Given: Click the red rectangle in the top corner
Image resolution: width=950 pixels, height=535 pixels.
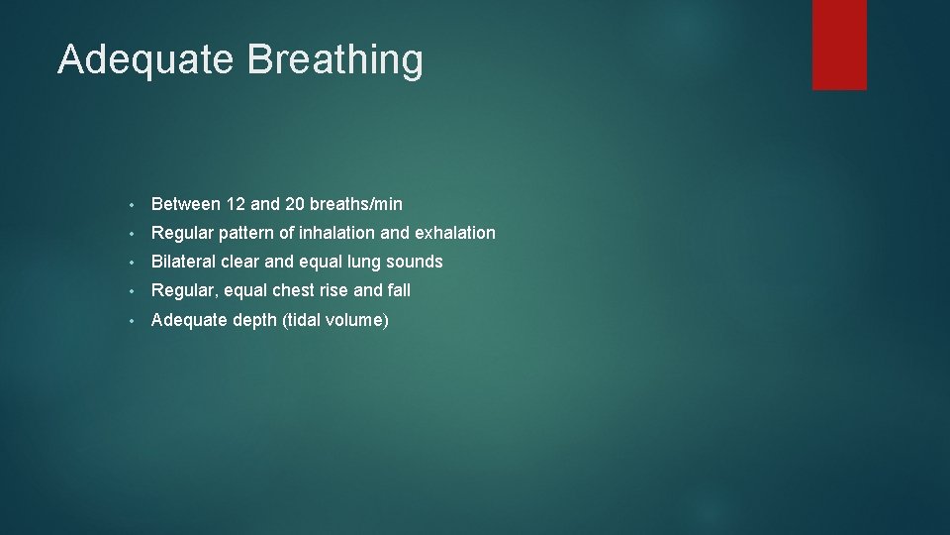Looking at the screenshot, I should (x=839, y=45).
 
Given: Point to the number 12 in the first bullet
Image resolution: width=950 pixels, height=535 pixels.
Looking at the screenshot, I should (x=236, y=204).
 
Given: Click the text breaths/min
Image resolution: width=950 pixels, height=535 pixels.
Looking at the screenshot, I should (x=356, y=204).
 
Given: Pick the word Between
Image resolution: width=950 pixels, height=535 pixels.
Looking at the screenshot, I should (x=185, y=204).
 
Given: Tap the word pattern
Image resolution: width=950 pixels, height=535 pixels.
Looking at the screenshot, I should (x=241, y=233).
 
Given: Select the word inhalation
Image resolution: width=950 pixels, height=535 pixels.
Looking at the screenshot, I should (x=341, y=233).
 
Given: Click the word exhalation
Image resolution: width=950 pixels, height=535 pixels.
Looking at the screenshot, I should (x=456, y=233).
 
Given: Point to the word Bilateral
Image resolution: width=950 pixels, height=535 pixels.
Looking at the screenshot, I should (x=183, y=262).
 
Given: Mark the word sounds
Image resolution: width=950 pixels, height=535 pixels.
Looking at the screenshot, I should (x=419, y=262).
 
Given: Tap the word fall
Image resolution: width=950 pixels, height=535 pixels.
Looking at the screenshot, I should (x=399, y=290).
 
